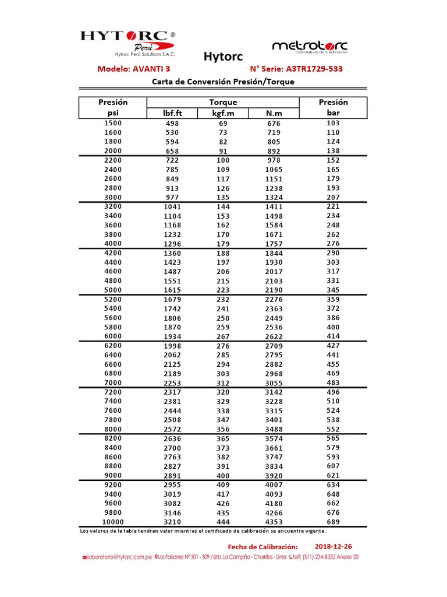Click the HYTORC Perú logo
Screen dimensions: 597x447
point(127,43)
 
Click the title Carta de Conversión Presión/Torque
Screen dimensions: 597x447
point(223,82)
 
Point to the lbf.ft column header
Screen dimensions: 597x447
point(173,113)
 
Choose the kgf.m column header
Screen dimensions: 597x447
point(223,113)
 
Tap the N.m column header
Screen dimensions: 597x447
point(274,113)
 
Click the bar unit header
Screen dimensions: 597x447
point(333,112)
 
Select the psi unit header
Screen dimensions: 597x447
point(113,112)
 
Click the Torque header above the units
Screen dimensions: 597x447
point(223,102)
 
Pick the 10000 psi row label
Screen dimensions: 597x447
point(113,522)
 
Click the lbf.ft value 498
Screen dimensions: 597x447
point(173,124)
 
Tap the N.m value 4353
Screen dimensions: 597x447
point(274,522)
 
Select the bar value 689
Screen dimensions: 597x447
point(333,522)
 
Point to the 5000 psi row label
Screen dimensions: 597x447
point(113,290)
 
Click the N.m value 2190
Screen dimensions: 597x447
point(274,290)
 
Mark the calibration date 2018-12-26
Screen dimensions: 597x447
point(333,546)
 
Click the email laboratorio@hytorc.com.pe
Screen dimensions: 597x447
point(118,557)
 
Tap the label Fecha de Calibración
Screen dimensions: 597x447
point(262,547)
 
